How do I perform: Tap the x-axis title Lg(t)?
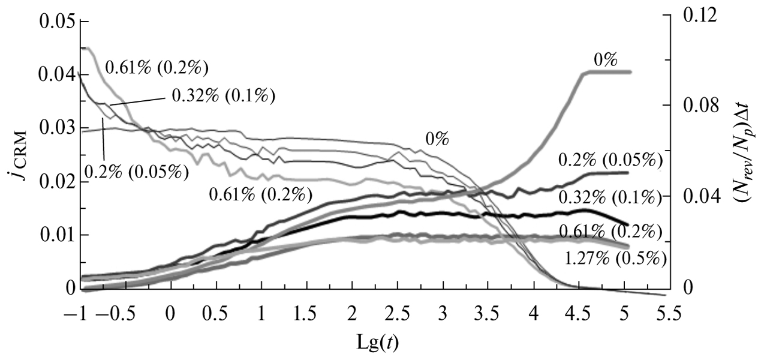coord(377,343)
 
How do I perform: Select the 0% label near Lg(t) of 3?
coord(438,139)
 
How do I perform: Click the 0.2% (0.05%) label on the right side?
coord(610,160)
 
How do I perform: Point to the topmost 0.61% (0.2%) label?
coord(157,67)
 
